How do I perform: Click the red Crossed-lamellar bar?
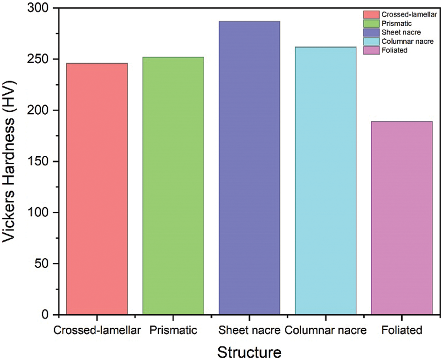click(x=97, y=189)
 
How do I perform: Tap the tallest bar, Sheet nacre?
click(x=249, y=168)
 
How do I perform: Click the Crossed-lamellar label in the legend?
click(x=408, y=15)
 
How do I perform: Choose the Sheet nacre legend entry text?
click(x=401, y=33)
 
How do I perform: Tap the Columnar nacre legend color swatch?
click(x=371, y=42)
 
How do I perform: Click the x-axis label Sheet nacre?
click(x=249, y=331)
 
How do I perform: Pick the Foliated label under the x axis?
click(x=401, y=331)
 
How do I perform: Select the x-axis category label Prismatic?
click(x=173, y=331)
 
